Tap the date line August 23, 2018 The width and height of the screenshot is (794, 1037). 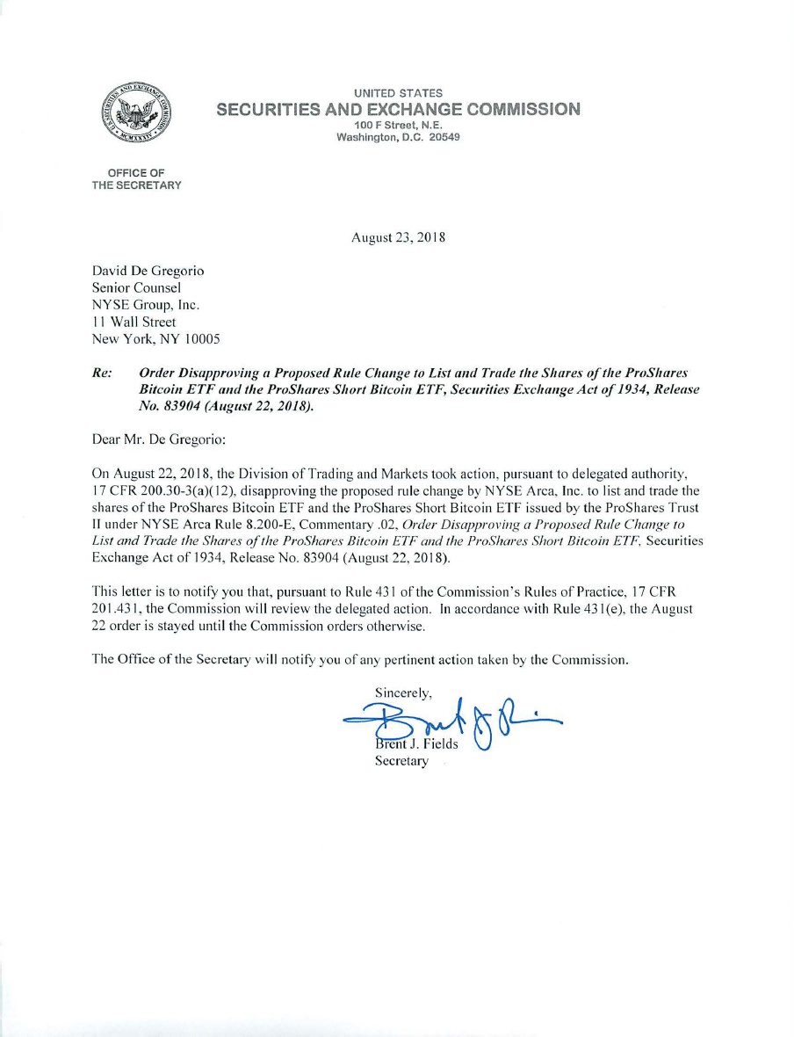[x=399, y=237]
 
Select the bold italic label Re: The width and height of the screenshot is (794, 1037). [x=103, y=373]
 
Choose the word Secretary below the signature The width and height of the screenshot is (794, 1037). [x=401, y=761]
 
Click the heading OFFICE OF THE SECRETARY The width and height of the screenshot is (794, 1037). [x=136, y=178]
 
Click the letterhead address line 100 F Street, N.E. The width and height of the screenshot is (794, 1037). [x=398, y=126]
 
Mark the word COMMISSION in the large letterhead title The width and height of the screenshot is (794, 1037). [x=523, y=109]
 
